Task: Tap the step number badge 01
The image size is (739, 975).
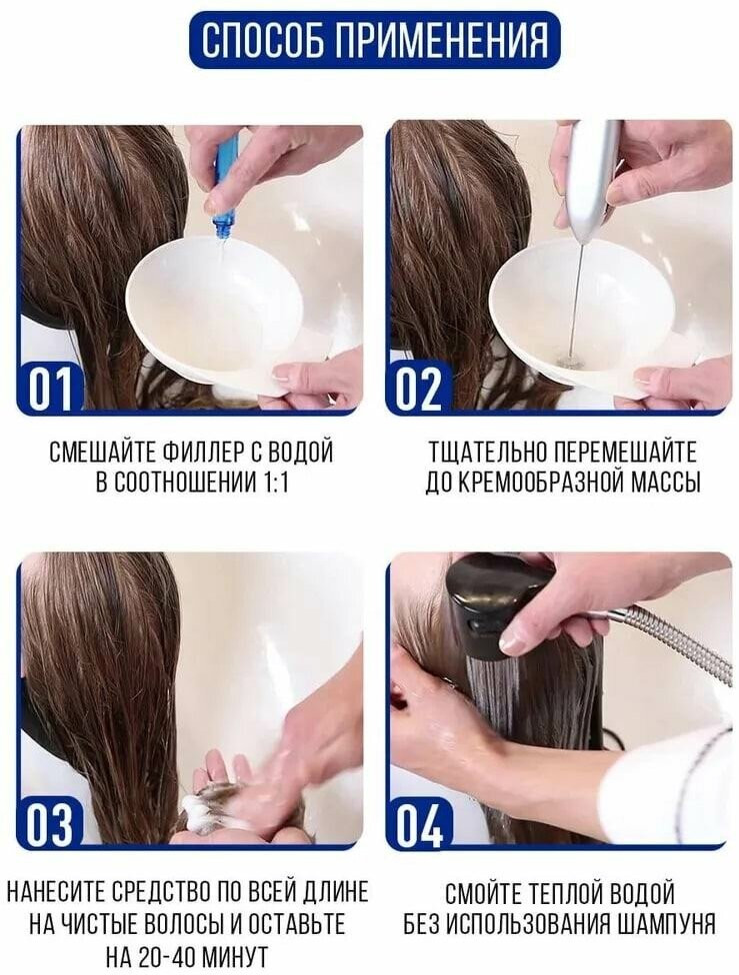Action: tap(49, 388)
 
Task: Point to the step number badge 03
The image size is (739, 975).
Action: tap(50, 821)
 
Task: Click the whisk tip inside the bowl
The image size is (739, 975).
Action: tap(567, 360)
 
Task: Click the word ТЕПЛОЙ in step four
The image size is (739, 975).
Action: tap(565, 892)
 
